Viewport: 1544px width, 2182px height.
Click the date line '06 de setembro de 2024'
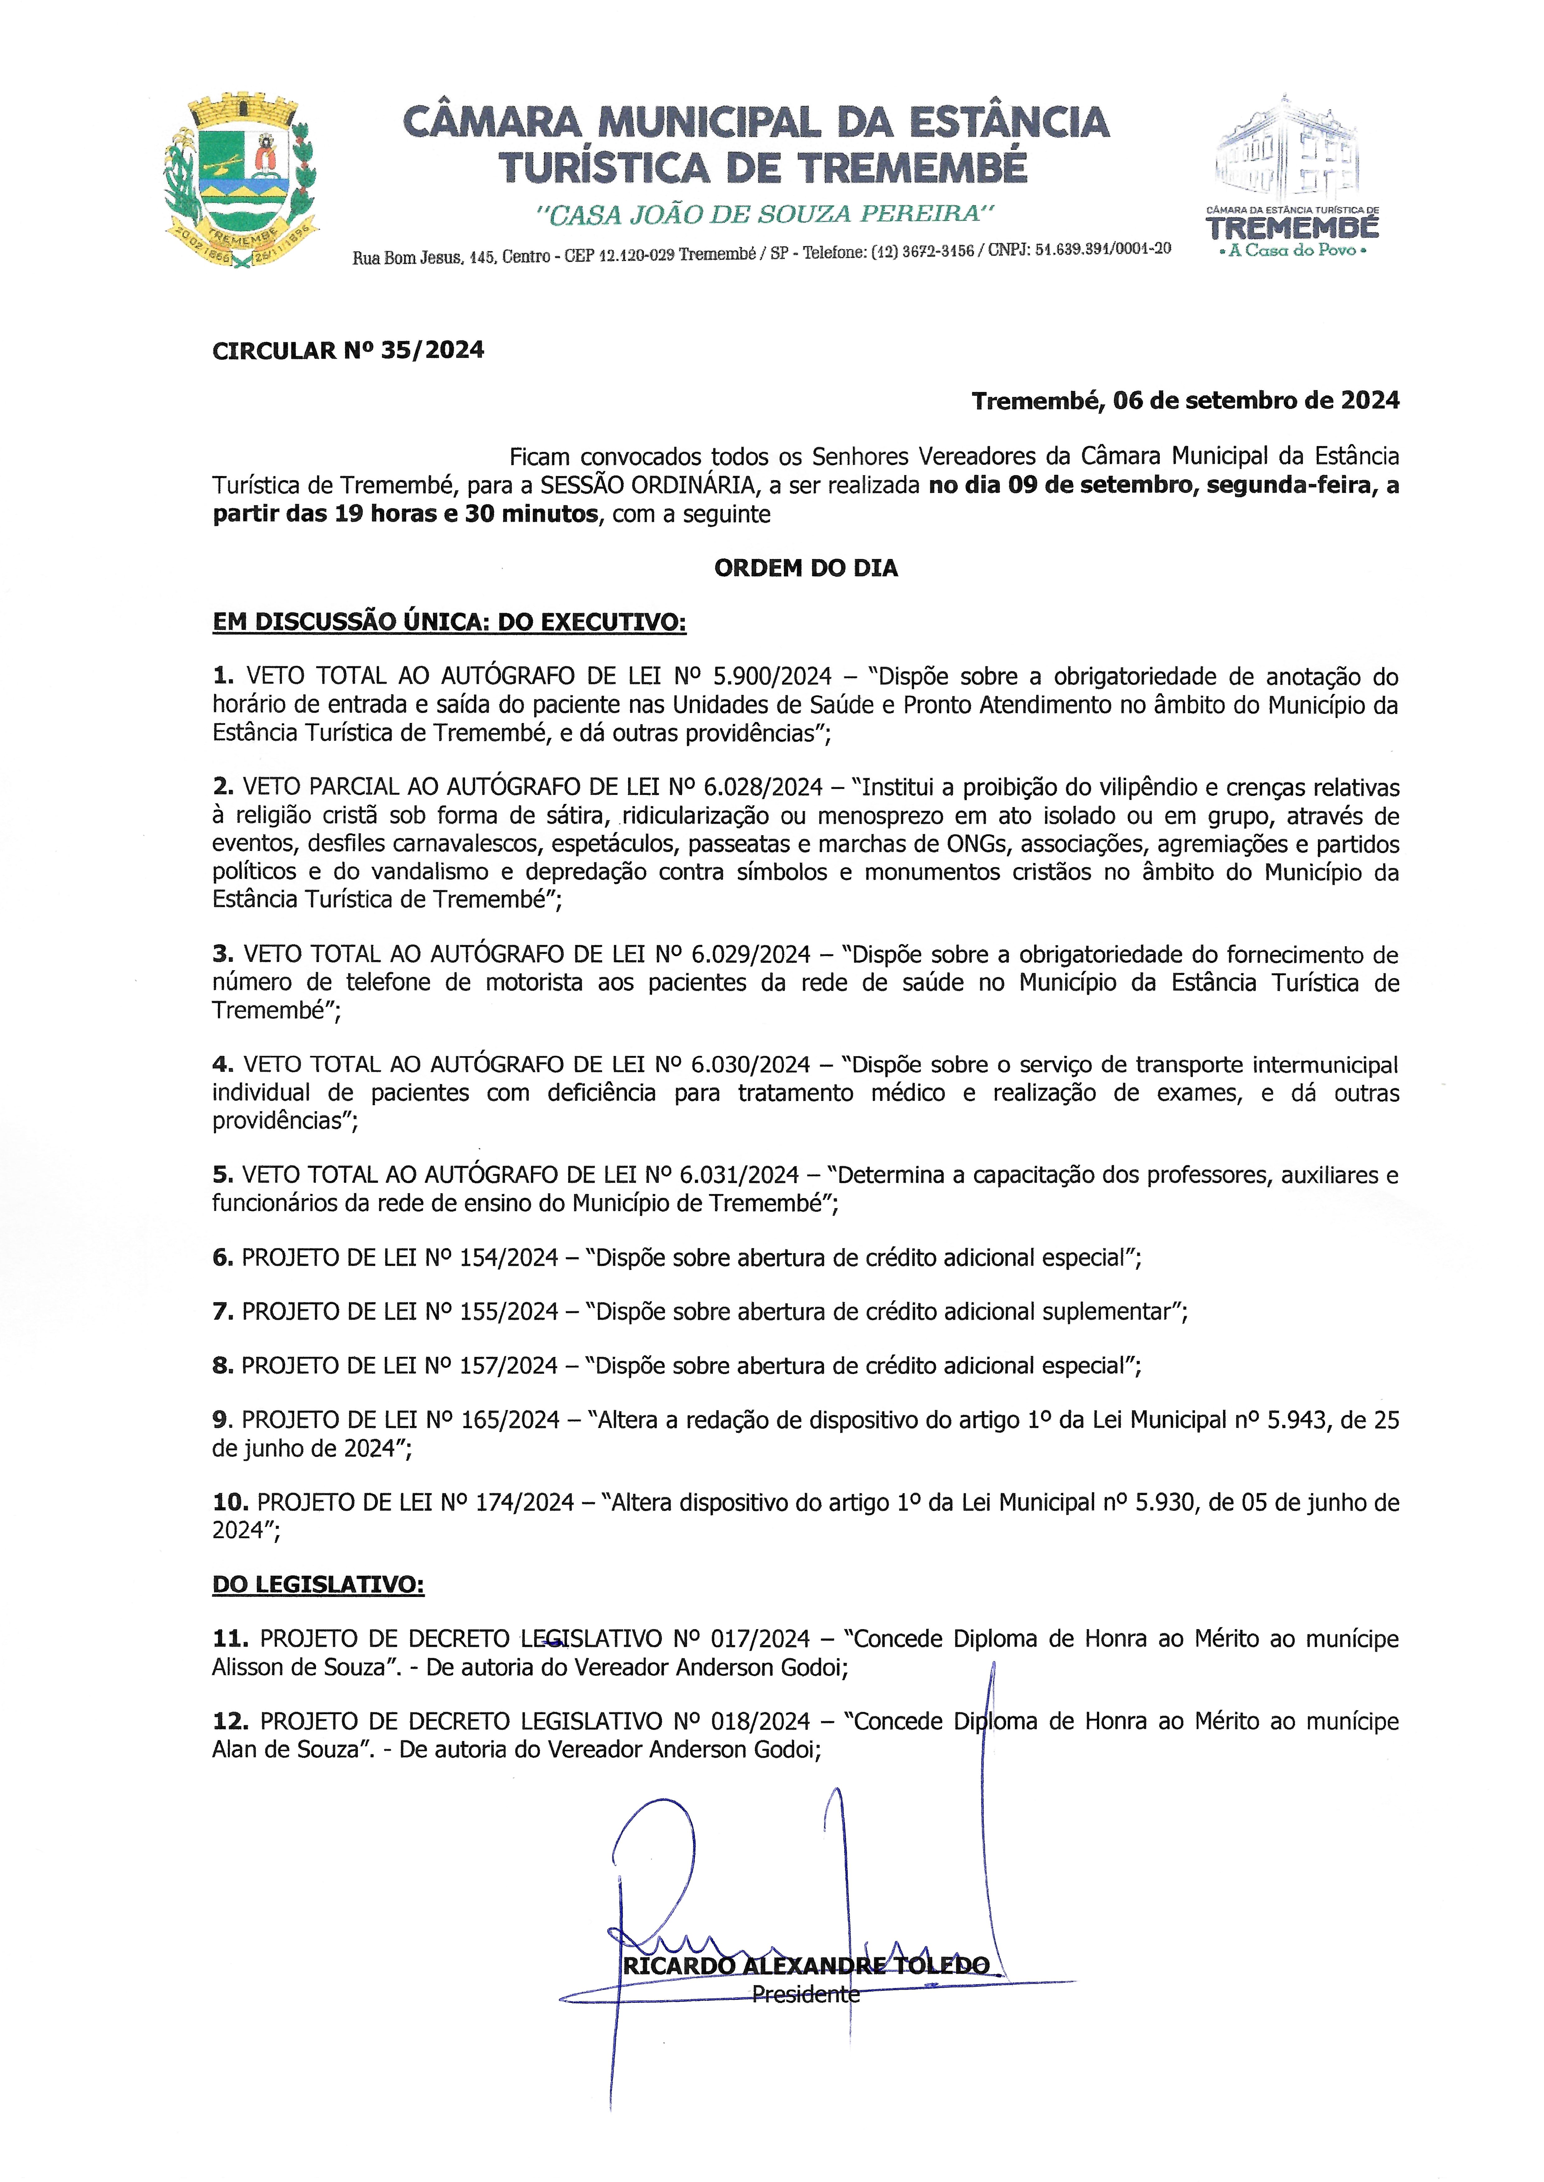[1185, 401]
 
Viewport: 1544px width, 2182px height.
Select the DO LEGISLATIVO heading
[318, 1585]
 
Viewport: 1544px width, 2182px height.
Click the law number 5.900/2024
[772, 677]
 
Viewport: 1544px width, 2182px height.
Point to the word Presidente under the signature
[805, 1994]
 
